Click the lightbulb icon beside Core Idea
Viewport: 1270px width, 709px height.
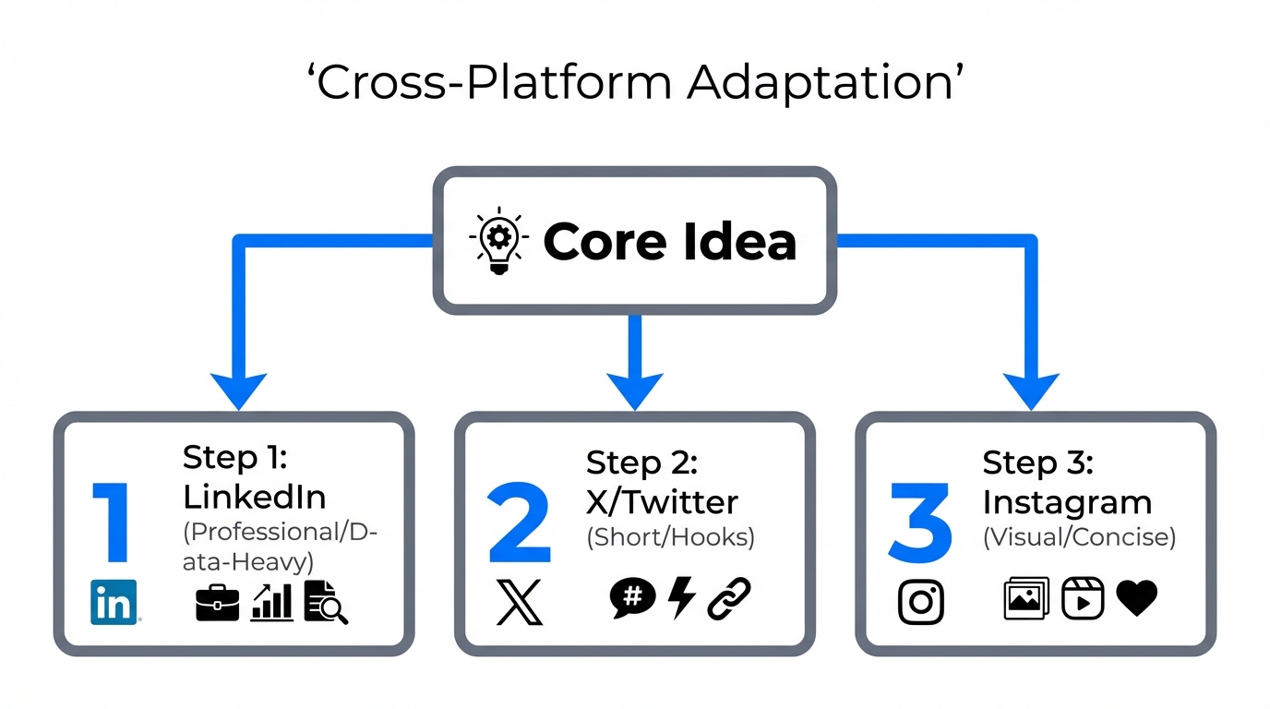[499, 239]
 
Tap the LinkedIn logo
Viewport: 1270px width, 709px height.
[114, 602]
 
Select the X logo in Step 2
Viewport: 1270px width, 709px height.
[520, 603]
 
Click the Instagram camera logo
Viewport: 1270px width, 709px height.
[920, 602]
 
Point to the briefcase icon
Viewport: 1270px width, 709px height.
[218, 602]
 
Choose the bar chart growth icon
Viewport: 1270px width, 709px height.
[272, 601]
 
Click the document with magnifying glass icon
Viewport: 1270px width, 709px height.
[326, 602]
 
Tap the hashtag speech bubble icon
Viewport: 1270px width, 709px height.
[632, 598]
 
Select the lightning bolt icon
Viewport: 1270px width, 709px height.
[681, 597]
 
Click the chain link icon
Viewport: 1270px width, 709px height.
[729, 598]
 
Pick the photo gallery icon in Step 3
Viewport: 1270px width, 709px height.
[1026, 598]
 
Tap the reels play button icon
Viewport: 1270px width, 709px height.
[1082, 598]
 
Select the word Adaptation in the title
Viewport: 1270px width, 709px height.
[824, 83]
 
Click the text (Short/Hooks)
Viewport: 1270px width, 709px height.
[670, 538]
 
